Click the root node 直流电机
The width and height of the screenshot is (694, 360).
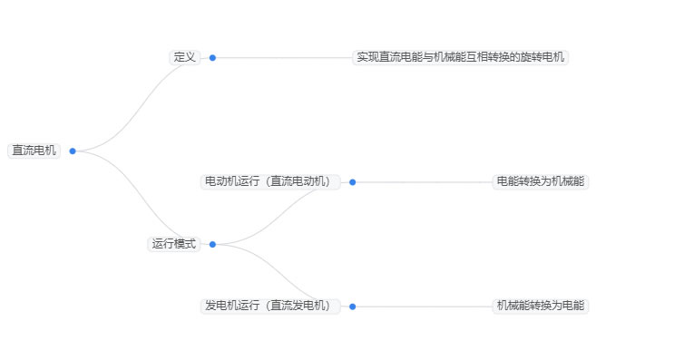[34, 151]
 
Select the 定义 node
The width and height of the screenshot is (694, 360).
[184, 57]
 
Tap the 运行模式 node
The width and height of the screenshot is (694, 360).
[173, 244]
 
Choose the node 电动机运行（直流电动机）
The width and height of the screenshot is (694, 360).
[269, 181]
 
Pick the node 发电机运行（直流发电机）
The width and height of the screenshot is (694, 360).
[269, 306]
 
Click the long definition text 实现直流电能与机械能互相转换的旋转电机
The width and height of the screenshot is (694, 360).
[460, 57]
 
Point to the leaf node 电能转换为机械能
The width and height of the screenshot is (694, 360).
[541, 181]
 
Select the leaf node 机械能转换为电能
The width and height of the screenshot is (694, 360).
[541, 306]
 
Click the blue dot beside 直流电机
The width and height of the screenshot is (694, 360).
[73, 151]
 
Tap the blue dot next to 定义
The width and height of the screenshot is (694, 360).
[212, 57]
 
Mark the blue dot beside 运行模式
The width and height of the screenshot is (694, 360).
[212, 244]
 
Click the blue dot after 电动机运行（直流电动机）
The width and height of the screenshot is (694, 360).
[352, 181]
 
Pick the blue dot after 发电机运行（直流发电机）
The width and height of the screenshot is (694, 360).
[352, 306]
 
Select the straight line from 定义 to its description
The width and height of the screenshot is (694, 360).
[281, 57]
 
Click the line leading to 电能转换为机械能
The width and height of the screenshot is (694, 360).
[422, 181]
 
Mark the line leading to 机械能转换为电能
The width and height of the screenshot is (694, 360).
[422, 306]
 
